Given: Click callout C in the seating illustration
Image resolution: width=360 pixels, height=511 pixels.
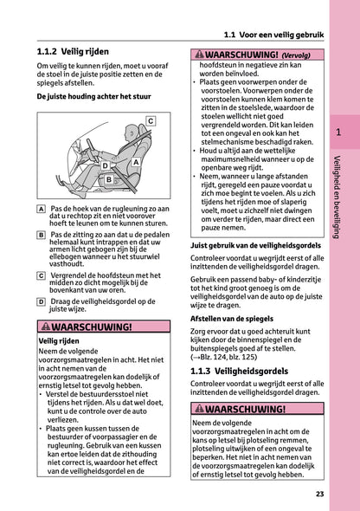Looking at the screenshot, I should (150, 120).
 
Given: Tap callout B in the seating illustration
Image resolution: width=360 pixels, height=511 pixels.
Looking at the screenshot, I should (109, 179).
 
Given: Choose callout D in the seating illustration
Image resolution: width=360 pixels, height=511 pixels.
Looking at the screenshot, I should (105, 164).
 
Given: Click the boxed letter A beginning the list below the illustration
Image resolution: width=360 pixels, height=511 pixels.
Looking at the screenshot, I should (42, 209).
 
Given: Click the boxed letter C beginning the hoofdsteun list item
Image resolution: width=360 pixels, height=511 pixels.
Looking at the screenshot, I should (42, 275).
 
